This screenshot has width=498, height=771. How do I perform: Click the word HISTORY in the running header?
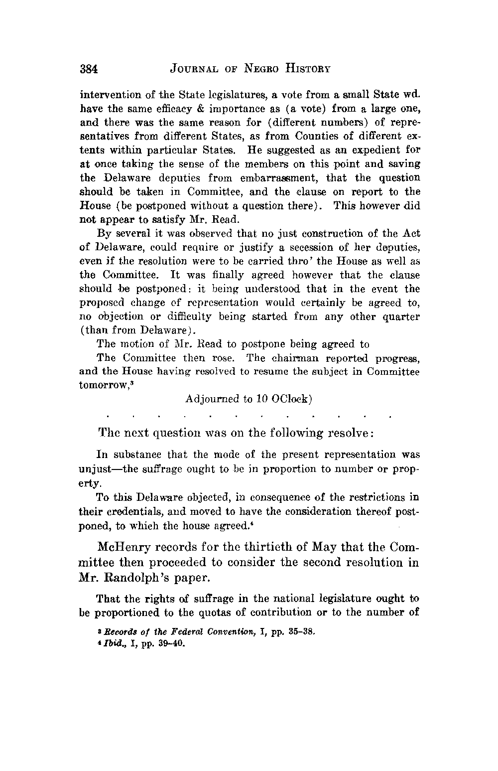pyautogui.click(x=301, y=69)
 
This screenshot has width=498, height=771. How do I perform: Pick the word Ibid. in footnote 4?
pyautogui.click(x=114, y=642)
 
